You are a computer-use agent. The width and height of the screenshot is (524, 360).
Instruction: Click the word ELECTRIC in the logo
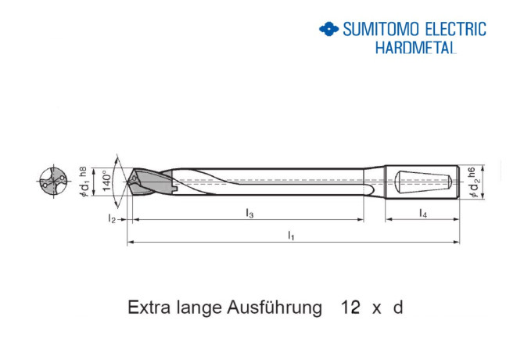tap(456, 30)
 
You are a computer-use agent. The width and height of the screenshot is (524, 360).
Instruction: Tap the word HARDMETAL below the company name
tap(415, 47)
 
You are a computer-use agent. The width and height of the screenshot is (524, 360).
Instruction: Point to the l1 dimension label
tap(291, 234)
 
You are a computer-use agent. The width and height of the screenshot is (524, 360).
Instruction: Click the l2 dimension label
tap(112, 220)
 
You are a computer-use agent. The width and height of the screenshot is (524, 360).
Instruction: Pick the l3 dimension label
tap(249, 213)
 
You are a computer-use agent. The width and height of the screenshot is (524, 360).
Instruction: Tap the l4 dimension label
tap(422, 213)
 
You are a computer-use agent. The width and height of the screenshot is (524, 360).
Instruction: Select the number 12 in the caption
tap(350, 308)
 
